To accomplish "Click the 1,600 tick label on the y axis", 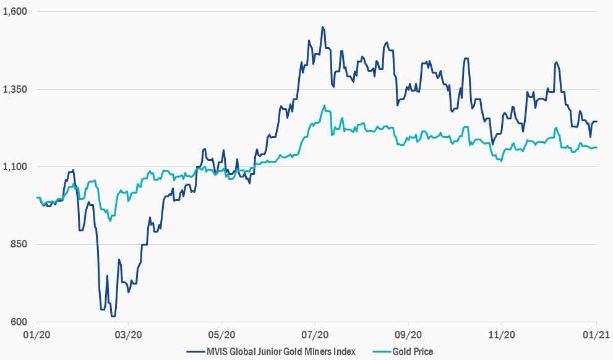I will coord(17,12).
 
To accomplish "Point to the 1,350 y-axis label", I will coord(17,90).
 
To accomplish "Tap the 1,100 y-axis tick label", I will coord(17,167).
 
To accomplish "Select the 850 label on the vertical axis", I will coord(21,245).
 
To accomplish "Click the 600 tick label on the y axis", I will coord(21,322).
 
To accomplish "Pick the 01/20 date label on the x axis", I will coord(36,335).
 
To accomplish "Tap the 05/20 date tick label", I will coord(221,335).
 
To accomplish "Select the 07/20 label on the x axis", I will coord(315,335).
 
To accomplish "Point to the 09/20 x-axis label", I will coord(408,335).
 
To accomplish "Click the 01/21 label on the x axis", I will coord(596,335).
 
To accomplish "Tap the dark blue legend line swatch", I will coord(194,351).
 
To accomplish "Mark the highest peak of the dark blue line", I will coord(322,27).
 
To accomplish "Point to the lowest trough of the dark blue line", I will coord(113,316).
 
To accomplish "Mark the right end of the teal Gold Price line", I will coord(596,147).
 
